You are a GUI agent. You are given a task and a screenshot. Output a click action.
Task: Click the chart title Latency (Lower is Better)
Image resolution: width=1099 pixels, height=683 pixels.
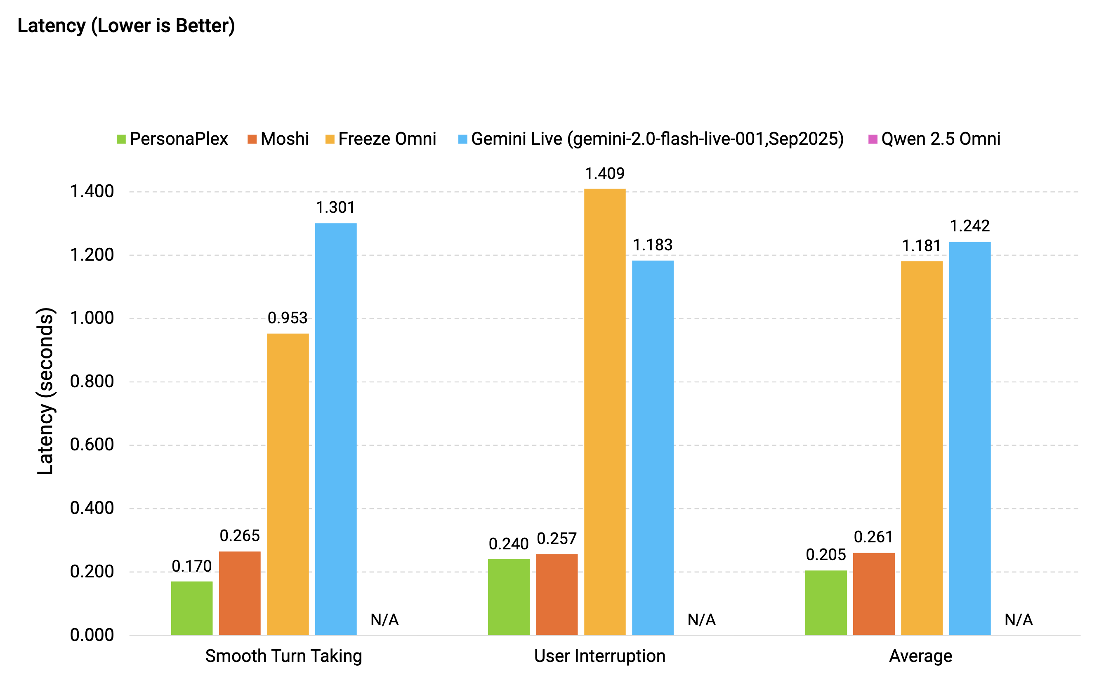126,26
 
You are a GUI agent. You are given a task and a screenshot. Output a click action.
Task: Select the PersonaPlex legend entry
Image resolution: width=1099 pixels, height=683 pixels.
172,139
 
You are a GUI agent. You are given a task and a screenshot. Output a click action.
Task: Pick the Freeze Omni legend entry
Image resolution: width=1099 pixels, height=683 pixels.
381,139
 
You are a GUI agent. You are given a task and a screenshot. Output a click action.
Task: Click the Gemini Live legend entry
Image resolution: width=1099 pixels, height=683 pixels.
651,139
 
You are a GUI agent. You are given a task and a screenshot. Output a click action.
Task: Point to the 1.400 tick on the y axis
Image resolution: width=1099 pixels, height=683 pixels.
92,191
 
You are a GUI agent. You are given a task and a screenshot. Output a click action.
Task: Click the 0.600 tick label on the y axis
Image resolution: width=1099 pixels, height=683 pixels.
92,445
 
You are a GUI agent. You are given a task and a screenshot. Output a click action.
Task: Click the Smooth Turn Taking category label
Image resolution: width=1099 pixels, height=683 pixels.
284,656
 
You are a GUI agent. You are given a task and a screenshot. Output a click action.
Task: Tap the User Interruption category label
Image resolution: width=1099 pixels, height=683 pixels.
600,656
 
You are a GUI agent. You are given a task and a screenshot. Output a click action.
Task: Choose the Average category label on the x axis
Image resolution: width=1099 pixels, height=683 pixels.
920,656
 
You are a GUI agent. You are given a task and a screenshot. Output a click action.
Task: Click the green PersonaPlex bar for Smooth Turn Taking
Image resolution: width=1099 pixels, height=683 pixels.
191,608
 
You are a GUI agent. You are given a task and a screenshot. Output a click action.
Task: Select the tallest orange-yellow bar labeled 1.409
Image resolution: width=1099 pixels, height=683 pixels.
605,411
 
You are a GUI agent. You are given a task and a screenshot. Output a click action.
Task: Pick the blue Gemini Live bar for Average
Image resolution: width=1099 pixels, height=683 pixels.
970,438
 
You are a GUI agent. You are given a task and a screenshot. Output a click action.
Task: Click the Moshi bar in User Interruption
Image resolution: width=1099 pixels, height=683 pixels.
557,594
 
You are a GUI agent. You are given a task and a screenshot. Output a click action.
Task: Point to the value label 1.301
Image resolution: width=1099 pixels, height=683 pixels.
335,207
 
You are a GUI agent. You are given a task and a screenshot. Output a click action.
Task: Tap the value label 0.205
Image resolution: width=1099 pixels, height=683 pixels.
826,555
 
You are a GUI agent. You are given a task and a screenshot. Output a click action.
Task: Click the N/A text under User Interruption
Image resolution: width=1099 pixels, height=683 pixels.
701,620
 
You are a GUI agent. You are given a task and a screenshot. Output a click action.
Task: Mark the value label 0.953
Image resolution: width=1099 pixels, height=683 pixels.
287,318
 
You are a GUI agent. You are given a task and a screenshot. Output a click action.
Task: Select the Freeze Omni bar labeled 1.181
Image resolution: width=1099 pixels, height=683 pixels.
922,447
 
